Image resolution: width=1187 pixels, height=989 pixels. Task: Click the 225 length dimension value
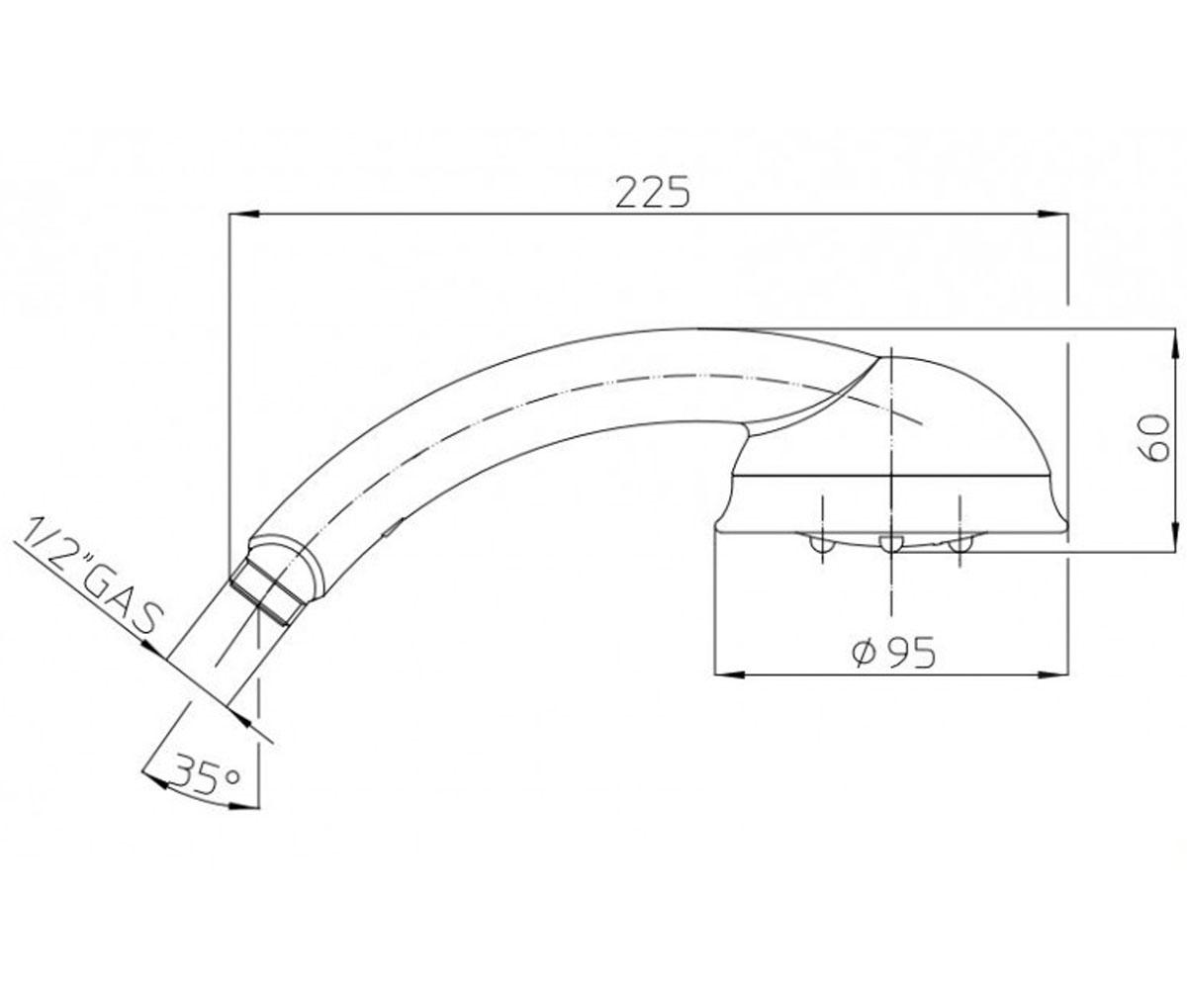[x=653, y=192]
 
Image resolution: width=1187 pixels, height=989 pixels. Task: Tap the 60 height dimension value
[x=1154, y=438]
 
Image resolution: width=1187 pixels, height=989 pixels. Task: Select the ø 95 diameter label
[x=894, y=653]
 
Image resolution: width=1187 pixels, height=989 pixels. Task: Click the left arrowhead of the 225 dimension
[x=244, y=215]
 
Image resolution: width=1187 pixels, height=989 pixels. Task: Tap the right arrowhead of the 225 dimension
[x=1052, y=215]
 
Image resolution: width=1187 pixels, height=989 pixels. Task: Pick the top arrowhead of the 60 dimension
[x=1174, y=344]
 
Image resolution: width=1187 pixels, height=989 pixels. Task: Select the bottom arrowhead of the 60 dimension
[x=1174, y=535]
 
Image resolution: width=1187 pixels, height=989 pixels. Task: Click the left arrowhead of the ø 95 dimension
[x=730, y=674]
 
